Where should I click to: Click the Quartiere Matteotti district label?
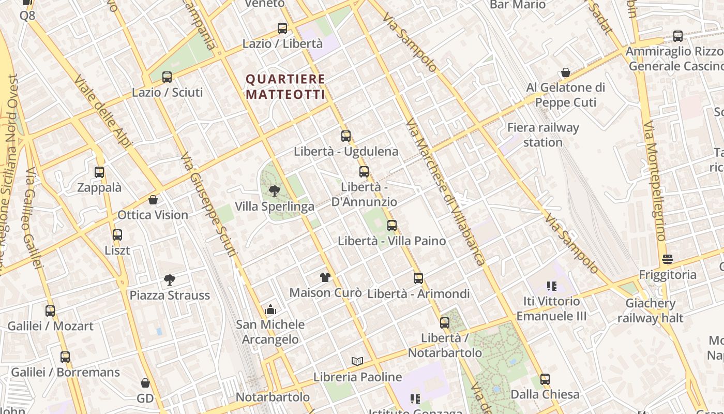(285, 87)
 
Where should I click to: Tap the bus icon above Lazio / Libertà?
(282, 28)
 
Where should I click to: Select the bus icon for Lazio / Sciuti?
(167, 77)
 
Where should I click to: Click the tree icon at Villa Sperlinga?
(275, 191)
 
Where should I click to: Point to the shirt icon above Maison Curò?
(325, 277)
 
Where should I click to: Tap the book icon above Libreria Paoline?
(357, 361)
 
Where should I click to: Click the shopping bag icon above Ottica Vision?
(153, 200)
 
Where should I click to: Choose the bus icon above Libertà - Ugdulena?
(346, 136)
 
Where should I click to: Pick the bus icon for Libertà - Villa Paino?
(392, 226)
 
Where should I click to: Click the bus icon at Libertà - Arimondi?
(418, 278)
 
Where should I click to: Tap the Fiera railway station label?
(543, 135)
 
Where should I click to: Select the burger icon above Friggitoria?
(668, 259)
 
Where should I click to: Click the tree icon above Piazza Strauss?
(170, 280)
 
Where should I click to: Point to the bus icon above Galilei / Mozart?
(50, 311)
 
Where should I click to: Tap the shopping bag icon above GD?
(145, 383)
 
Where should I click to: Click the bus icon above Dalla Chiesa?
(545, 379)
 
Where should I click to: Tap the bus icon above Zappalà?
(99, 172)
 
